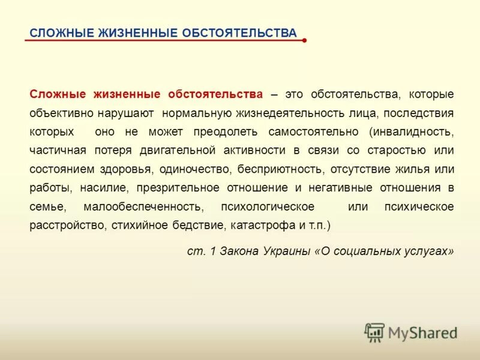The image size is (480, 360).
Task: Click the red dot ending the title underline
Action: pyautogui.click(x=305, y=41)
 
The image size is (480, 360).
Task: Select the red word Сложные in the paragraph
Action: pyautogui.click(x=58, y=94)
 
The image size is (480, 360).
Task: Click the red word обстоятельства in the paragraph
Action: pyautogui.click(x=215, y=94)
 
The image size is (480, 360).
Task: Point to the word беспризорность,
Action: pyautogui.click(x=281, y=169)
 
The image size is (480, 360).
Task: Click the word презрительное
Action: pyautogui.click(x=178, y=187)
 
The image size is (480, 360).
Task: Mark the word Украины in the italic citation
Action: pyautogui.click(x=287, y=251)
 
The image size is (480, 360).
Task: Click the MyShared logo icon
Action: pyautogui.click(x=375, y=332)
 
